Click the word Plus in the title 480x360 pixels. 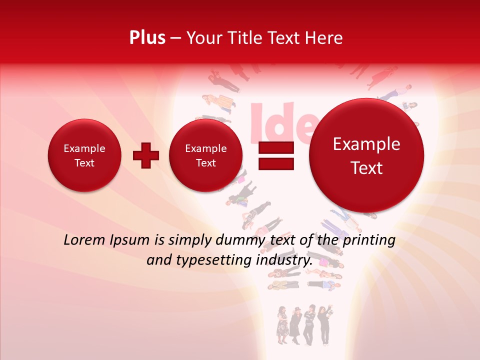tap(147, 38)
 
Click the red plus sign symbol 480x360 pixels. tap(145, 155)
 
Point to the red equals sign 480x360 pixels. tap(275, 155)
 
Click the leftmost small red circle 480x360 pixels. tap(84, 155)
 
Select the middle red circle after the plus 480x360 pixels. tap(205, 155)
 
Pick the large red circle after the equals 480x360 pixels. tap(366, 155)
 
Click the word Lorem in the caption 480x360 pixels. tap(84, 240)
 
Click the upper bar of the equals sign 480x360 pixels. tap(275, 147)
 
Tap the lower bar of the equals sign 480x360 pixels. tap(275, 163)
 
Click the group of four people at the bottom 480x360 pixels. tap(303, 325)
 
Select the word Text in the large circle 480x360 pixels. tap(366, 168)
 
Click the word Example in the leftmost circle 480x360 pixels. tap(84, 148)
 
